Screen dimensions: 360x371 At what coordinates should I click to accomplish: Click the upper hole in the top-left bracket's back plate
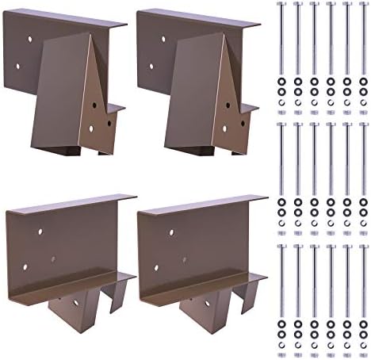(x=29, y=37)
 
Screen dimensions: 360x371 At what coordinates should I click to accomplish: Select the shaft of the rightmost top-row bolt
(x=364, y=40)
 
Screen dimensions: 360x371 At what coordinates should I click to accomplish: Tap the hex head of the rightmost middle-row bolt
(x=364, y=124)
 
